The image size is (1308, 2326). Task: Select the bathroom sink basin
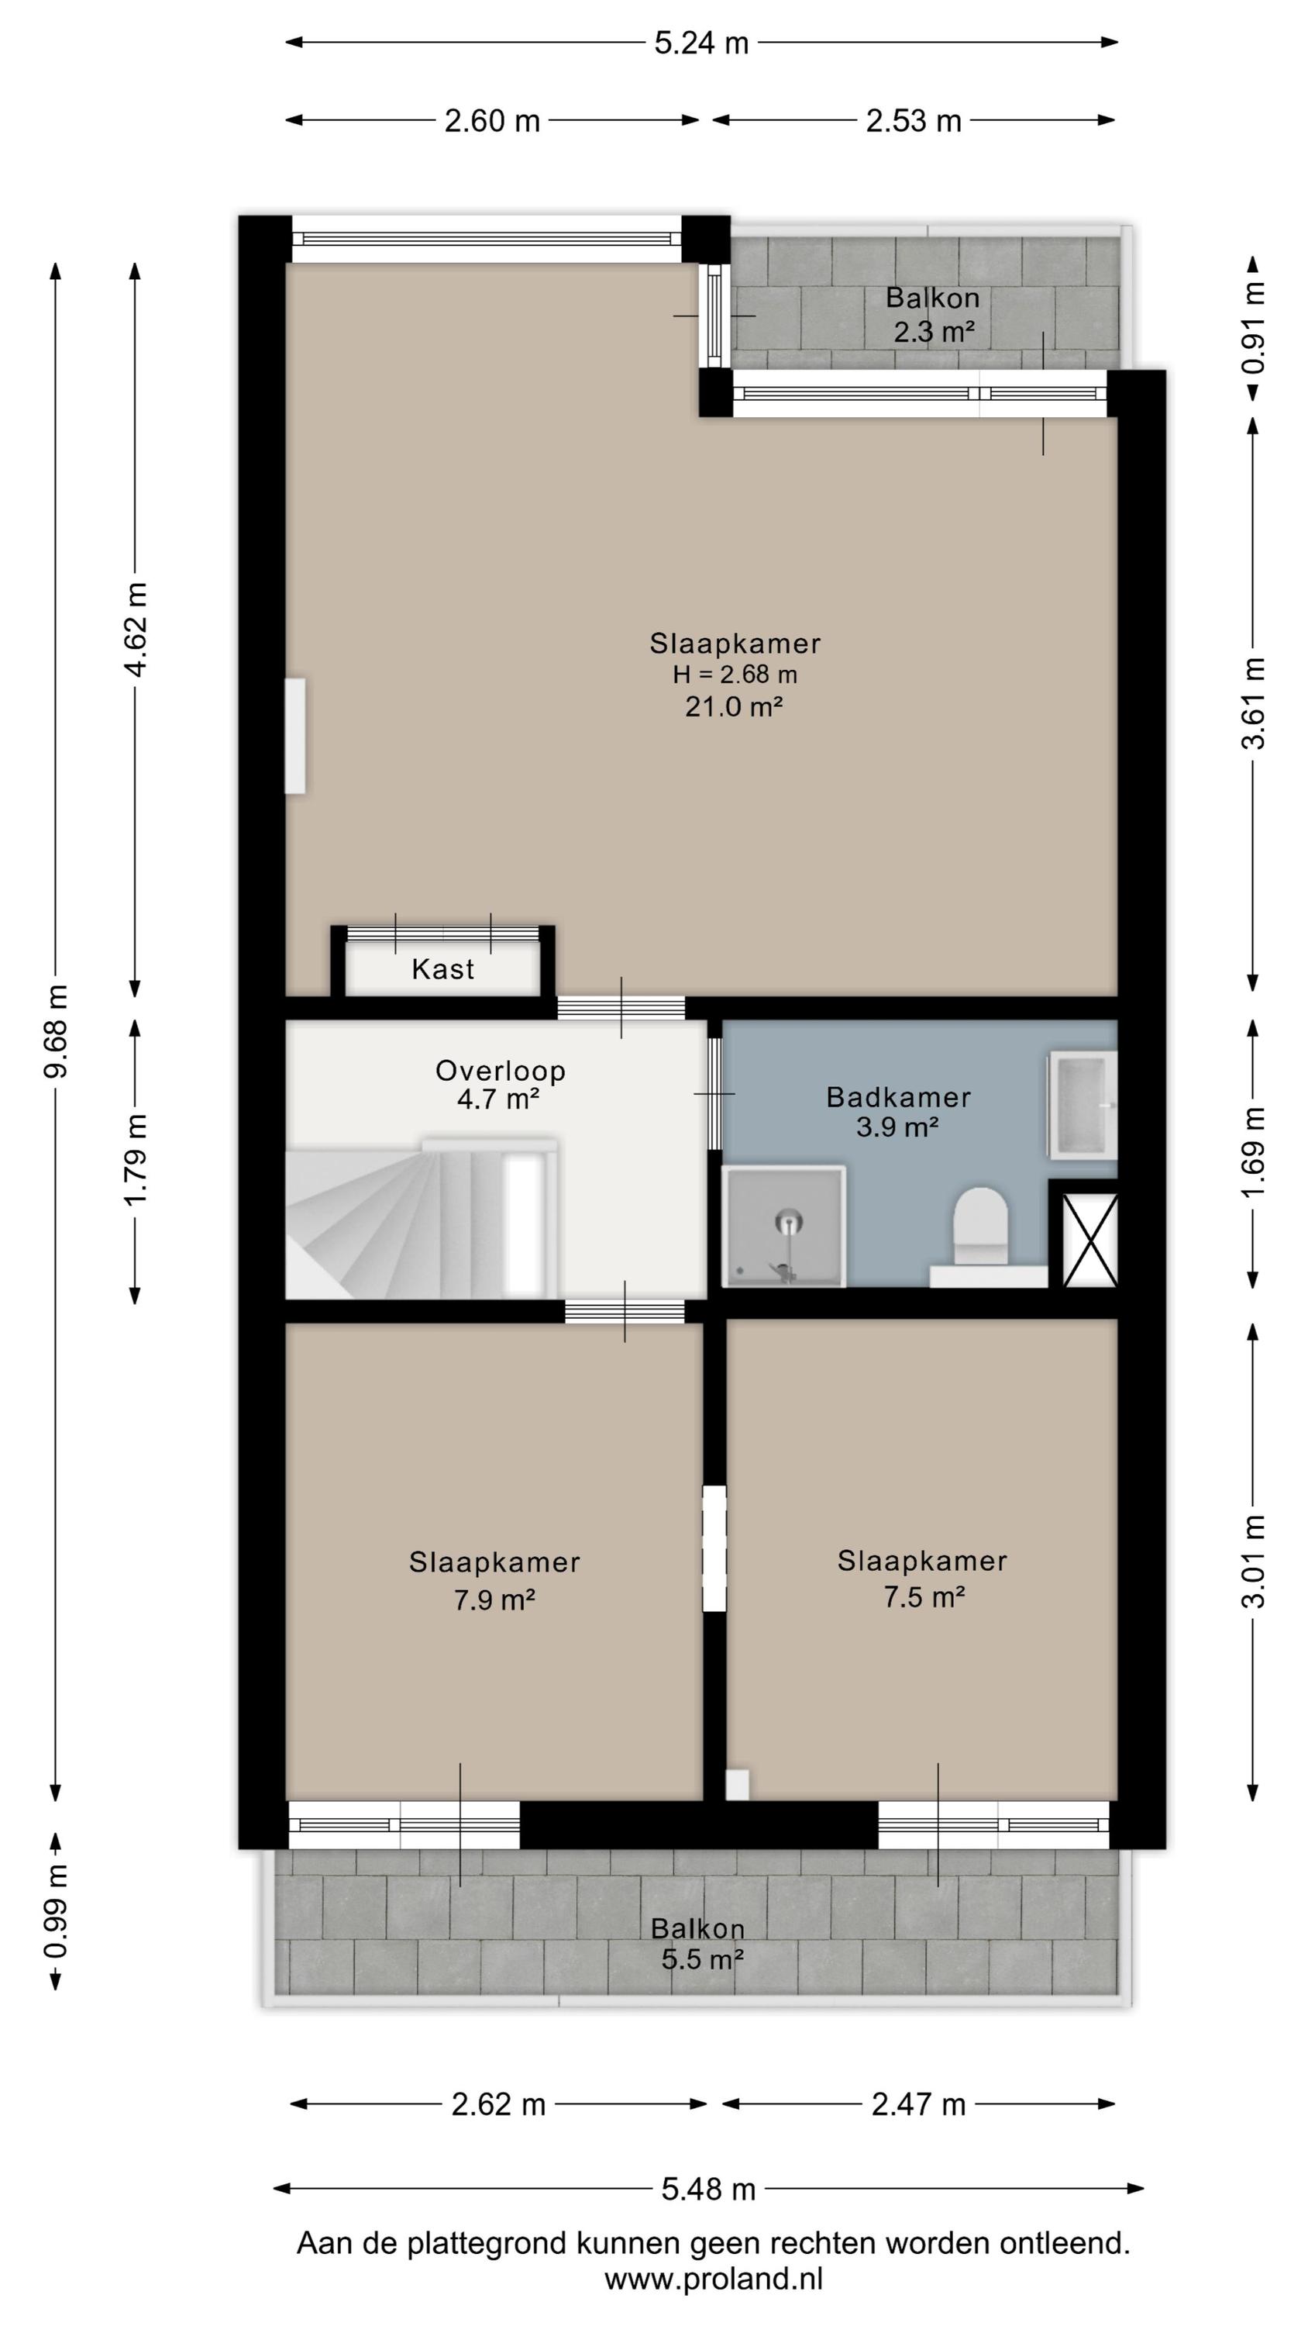coord(1083,1104)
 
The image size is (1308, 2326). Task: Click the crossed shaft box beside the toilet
coord(1089,1239)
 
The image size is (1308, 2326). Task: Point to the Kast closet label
coord(442,969)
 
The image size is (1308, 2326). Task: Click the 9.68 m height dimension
coord(56,1031)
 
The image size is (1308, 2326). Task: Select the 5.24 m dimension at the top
coord(701,43)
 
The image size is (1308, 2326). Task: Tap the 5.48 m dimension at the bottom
coord(708,2188)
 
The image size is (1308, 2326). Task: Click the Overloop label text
coord(500,1071)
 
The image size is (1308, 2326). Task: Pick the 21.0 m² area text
coord(733,706)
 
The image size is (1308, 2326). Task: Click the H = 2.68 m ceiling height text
coord(735,675)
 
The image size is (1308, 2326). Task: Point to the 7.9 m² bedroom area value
coord(494,1626)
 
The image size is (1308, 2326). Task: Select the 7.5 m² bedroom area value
coord(924,1623)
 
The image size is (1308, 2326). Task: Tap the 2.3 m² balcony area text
coord(935,333)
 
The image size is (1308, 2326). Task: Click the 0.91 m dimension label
coord(1253,327)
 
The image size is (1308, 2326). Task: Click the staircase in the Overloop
coord(422,1218)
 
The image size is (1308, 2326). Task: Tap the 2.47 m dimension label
coord(918,2105)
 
